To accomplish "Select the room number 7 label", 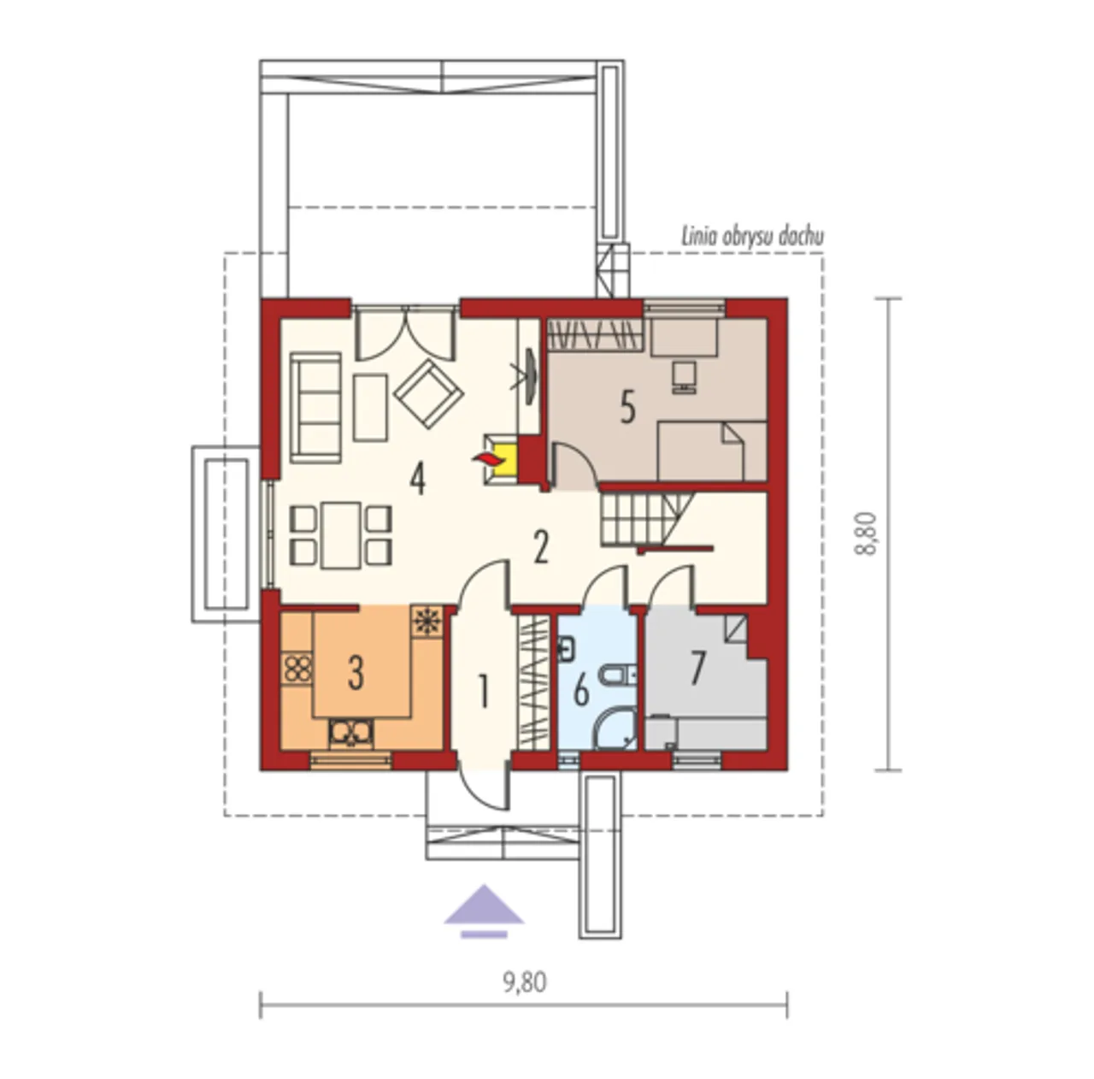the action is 697,669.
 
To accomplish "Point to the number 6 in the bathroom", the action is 581,692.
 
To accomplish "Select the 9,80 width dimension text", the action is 525,983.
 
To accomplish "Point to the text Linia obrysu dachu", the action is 752,237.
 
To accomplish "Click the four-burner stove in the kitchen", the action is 297,669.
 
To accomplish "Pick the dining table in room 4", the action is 341,535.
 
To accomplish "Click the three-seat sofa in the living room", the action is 315,407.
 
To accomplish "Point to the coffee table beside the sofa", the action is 370,407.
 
